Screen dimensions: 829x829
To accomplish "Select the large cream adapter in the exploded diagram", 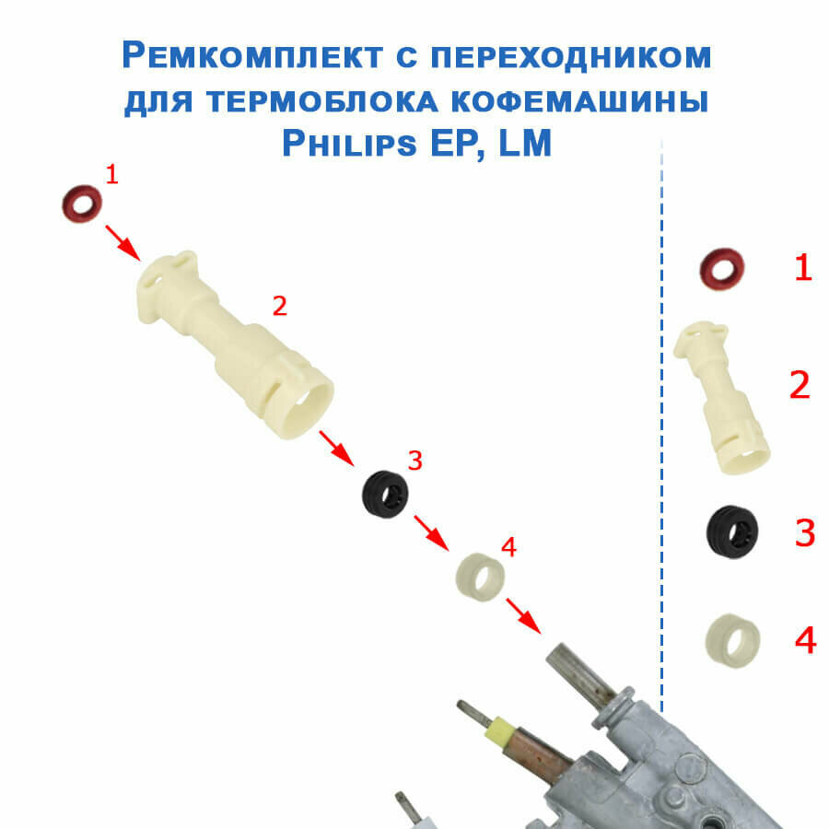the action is [x=236, y=344].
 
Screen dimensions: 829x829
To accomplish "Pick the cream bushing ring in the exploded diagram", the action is [x=481, y=578].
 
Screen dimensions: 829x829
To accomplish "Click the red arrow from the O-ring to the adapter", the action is [x=122, y=241].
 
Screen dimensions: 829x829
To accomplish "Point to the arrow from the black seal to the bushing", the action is [x=430, y=531].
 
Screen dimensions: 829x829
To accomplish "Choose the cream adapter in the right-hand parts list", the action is [x=723, y=397].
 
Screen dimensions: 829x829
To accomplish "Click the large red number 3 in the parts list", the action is [x=804, y=533].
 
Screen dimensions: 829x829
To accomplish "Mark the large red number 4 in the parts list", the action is [x=804, y=640].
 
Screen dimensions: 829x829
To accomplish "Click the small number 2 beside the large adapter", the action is [x=280, y=307].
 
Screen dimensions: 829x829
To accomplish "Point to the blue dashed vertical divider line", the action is [x=662, y=414].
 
